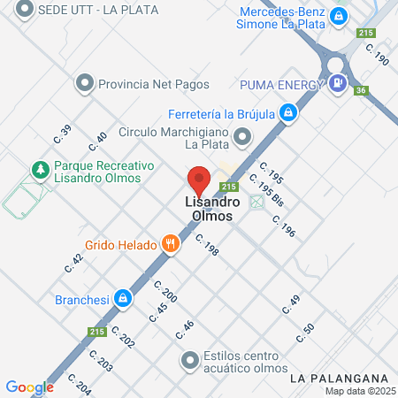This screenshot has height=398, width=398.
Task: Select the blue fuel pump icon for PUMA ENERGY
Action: pos(337,84)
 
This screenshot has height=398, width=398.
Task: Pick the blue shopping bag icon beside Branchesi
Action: pos(124,299)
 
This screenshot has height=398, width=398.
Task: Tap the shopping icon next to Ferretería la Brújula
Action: pos(287,112)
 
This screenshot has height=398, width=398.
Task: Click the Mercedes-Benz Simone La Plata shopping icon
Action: pos(338,16)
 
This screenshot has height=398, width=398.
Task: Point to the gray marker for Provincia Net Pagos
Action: pos(85,84)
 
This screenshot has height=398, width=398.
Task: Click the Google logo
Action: pos(29,387)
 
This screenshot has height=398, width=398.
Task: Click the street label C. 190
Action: pos(377,57)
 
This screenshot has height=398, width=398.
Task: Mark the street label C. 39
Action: pos(63,134)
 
